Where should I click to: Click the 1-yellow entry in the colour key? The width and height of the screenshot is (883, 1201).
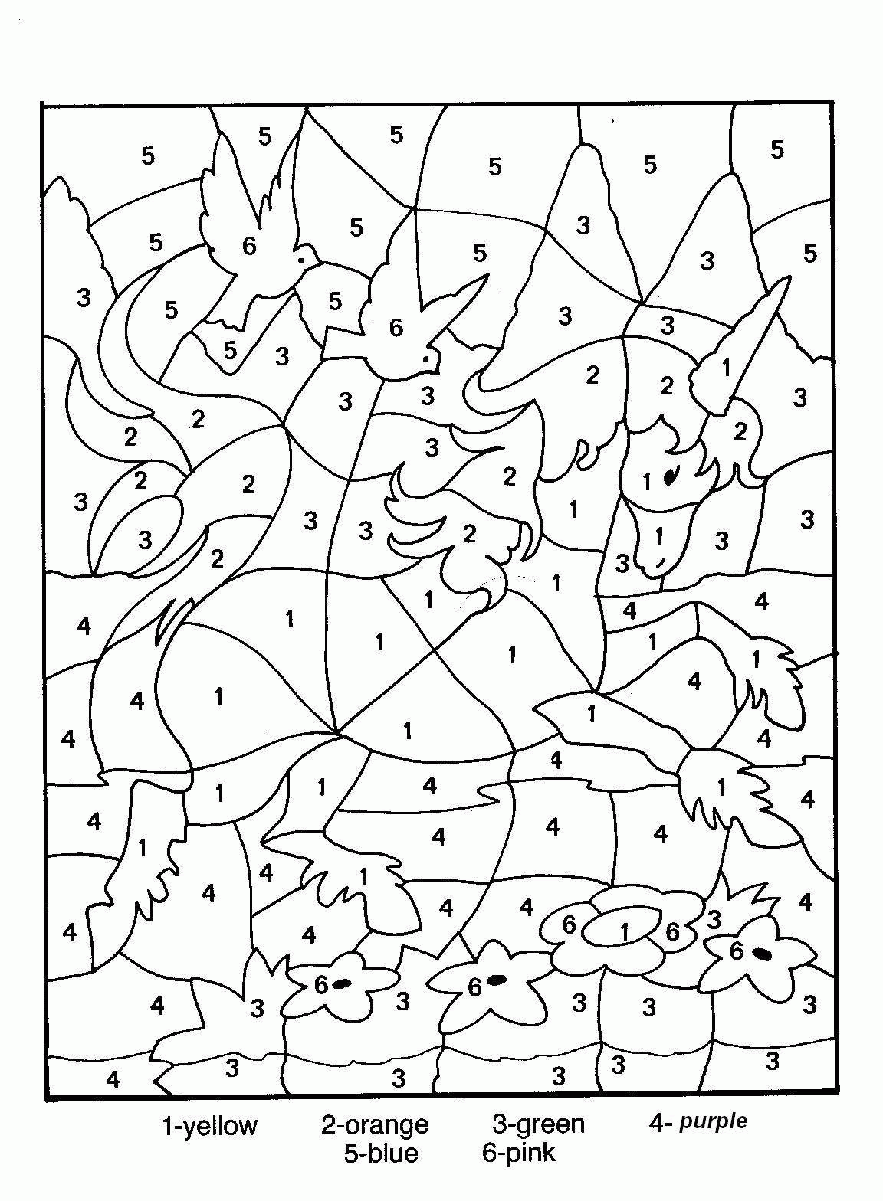tap(208, 1126)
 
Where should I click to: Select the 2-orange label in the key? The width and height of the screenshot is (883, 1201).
tap(374, 1125)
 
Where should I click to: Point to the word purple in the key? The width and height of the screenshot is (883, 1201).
tap(714, 1122)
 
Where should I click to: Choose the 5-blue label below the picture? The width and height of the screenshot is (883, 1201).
tap(381, 1153)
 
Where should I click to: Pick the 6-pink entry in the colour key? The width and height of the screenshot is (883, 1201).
tap(518, 1152)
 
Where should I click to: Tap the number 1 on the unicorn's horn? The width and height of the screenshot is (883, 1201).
tap(727, 368)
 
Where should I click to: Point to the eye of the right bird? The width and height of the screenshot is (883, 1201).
tap(426, 358)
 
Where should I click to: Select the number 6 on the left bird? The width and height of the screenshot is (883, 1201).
tap(249, 247)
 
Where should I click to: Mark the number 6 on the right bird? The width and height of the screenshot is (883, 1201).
tap(396, 328)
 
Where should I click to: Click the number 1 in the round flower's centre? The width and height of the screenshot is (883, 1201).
tap(625, 932)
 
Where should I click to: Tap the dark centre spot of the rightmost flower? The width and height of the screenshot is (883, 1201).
tap(762, 954)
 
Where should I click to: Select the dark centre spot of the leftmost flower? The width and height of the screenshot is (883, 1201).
tap(343, 983)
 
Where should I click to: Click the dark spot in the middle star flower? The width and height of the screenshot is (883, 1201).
tap(497, 979)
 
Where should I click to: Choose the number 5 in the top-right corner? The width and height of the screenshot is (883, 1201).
tap(778, 149)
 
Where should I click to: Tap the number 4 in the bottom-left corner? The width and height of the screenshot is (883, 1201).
tap(113, 1080)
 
